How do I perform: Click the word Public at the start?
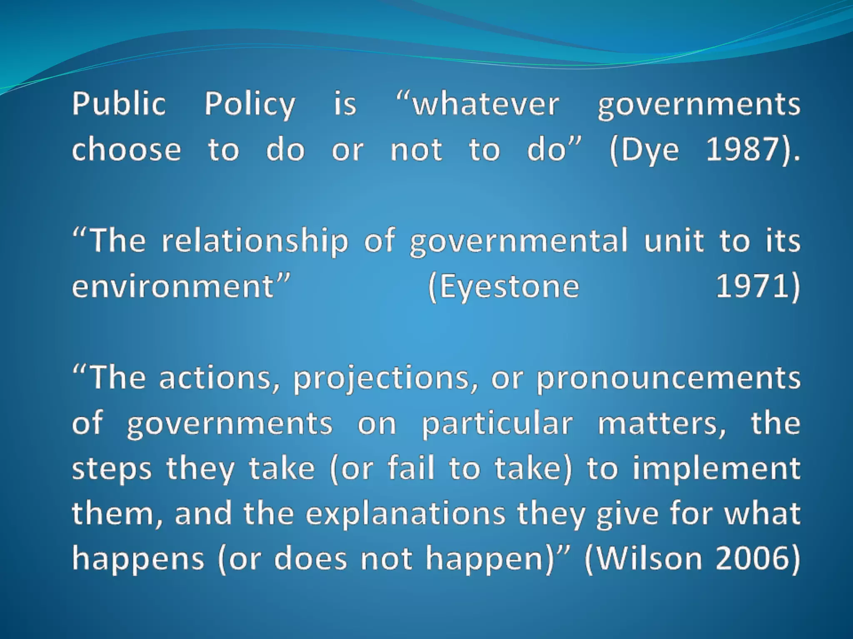(119, 104)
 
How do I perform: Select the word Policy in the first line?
(249, 104)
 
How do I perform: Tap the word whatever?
(486, 104)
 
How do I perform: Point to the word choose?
(127, 149)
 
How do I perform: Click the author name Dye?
(650, 150)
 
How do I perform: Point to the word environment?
(173, 287)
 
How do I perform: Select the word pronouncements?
(668, 379)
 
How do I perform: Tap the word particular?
(497, 424)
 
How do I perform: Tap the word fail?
(412, 468)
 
